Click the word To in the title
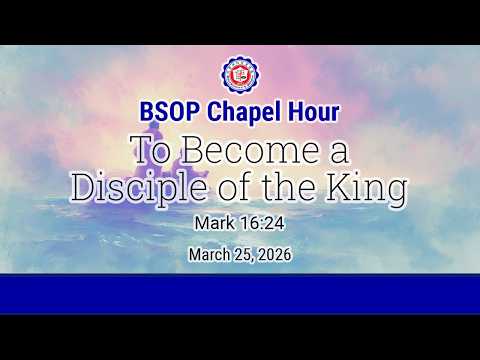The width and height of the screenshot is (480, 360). [x=150, y=152]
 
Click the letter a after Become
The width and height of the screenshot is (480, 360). [x=336, y=154]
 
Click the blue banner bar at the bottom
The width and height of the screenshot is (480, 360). [x=239, y=293]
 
